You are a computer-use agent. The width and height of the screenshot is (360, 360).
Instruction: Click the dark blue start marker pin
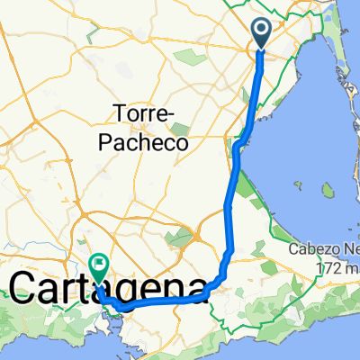(262, 34)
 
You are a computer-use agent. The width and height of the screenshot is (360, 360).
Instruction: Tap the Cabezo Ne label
(324, 249)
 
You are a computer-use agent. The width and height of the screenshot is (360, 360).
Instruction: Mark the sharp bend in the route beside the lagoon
(237, 144)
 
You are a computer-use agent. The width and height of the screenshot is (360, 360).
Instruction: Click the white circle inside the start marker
(262, 31)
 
